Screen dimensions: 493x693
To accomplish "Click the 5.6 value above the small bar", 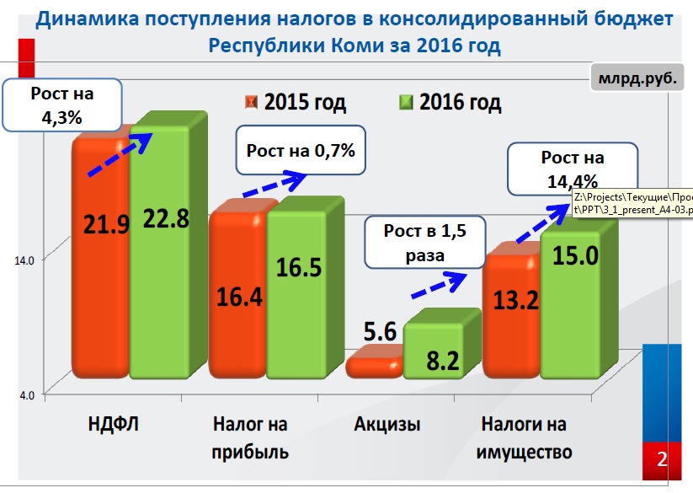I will (380, 332).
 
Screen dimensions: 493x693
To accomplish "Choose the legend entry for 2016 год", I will (450, 103).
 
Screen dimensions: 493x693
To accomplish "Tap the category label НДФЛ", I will (113, 423).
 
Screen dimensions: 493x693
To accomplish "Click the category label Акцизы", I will (387, 423).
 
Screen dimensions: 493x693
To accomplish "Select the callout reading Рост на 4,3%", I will (61, 105).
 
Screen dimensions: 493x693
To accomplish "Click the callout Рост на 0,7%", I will (301, 152).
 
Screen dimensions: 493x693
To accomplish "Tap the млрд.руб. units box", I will (637, 81).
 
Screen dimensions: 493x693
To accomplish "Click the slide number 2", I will (662, 459).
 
